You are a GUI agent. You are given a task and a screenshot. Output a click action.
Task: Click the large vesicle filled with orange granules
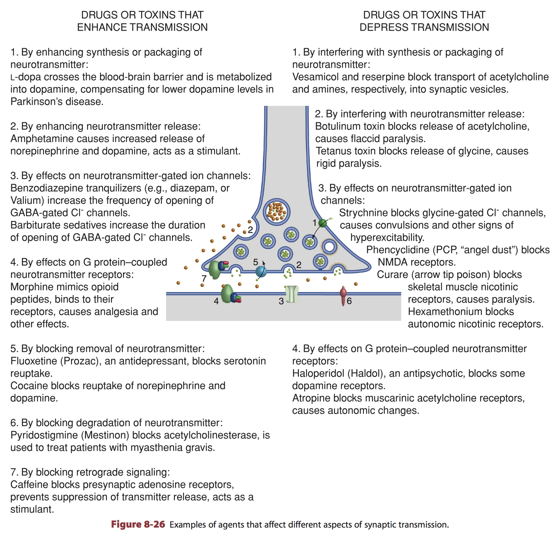pos(276,211)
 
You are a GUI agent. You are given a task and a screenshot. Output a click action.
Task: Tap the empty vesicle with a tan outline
pos(329,247)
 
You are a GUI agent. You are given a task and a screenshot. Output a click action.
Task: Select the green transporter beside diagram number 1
pos(323,223)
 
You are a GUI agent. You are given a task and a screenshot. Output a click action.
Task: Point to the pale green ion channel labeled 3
pos(292,294)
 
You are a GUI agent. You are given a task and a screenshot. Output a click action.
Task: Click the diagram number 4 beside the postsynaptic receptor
pos(216,301)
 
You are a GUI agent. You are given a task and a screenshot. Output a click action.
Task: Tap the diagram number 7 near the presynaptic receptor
pos(204,278)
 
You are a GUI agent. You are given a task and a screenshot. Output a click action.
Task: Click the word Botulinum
pos(337,126)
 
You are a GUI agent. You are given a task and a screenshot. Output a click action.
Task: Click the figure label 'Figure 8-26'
pos(138,525)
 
